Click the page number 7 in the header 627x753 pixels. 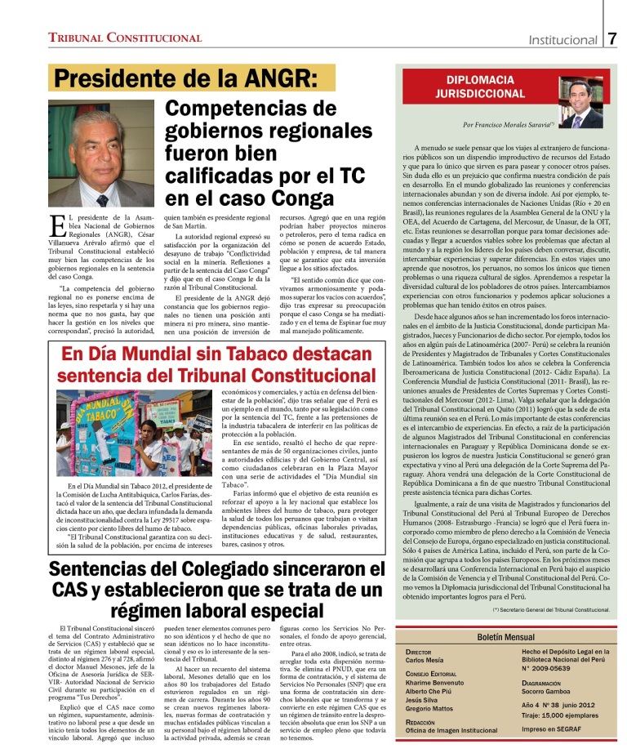click(x=612, y=38)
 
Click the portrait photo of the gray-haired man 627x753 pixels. click(x=101, y=154)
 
